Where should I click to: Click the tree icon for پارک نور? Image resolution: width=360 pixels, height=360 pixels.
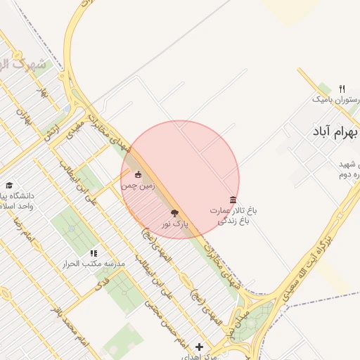coord(174,213)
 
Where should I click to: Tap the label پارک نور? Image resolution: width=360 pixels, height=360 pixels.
coord(174,224)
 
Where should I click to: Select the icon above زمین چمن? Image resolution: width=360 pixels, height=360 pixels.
coord(138,175)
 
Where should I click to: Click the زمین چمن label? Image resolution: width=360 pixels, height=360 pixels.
coord(137,186)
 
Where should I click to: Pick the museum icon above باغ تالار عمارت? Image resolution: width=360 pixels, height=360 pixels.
coord(233,200)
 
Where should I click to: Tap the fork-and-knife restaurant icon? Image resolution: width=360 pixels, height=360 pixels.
coord(342,89)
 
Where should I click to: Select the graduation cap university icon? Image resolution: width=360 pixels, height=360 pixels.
coord(9,184)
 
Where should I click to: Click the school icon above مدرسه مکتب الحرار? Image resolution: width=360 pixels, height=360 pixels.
coord(94,253)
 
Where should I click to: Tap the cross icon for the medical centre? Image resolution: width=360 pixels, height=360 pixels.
coord(200,347)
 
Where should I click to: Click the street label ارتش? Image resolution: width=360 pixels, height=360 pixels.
coord(51,131)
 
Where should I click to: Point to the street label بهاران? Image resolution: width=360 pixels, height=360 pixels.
coord(25,117)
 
